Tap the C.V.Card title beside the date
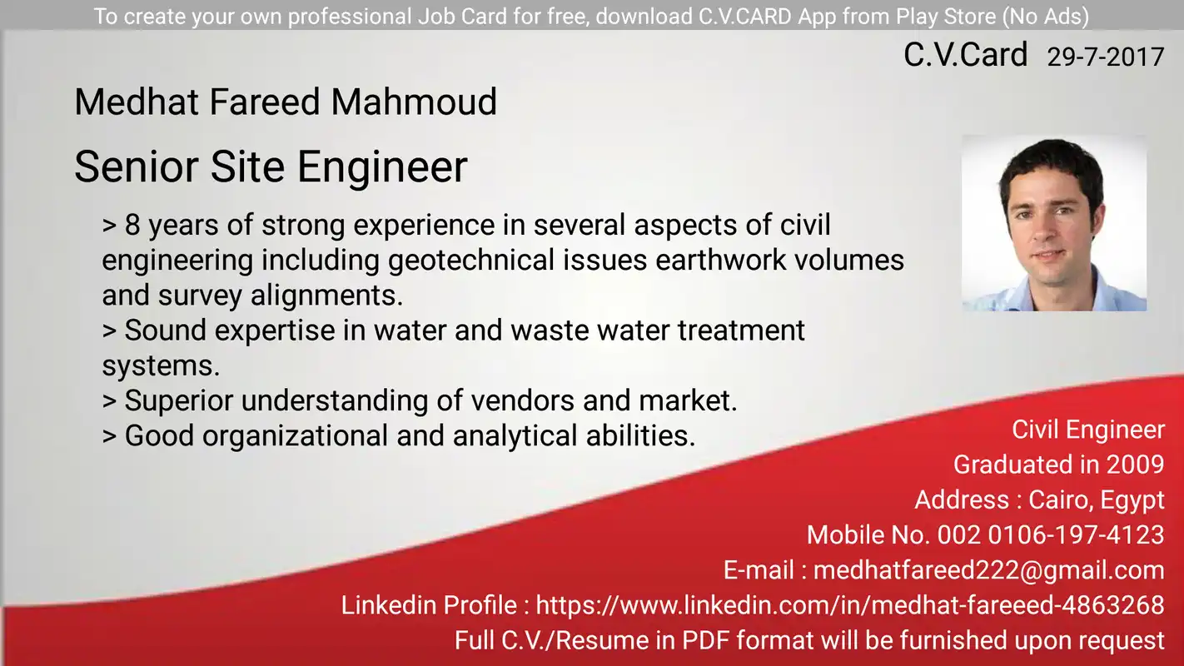965,54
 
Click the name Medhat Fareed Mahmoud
286,102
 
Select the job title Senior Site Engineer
271,166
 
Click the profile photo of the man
1054,223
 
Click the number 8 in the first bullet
132,225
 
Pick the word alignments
326,296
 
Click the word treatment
741,331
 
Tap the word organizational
296,436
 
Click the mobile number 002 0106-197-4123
1051,535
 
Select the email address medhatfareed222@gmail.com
988,570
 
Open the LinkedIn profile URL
850,605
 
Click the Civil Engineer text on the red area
1088,430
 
